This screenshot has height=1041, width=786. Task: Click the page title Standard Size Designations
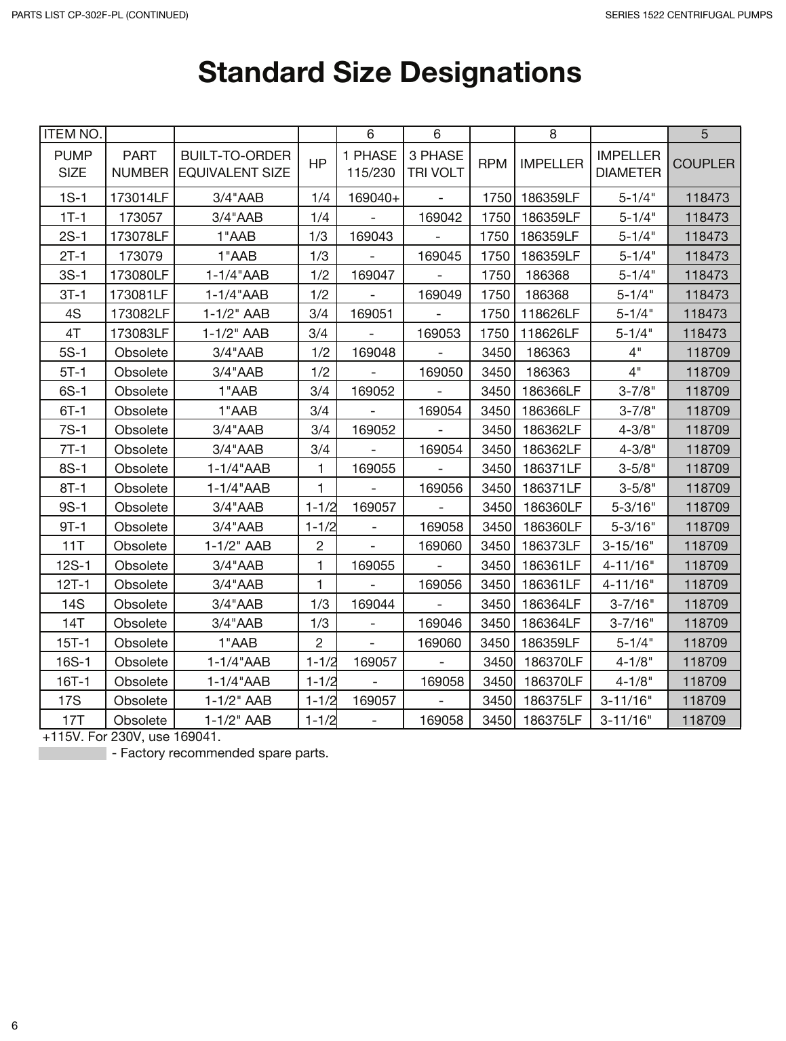coord(389,73)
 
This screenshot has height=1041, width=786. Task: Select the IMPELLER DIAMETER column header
coord(628,164)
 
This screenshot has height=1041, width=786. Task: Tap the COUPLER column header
coord(703,164)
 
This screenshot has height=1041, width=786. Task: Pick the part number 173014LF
coord(140,198)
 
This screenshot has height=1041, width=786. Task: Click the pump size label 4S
coord(73,314)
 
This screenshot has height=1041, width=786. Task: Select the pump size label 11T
coord(73,546)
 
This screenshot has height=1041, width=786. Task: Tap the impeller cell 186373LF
coord(551,546)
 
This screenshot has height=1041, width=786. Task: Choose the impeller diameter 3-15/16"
coord(628,546)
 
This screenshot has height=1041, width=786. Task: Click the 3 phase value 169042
coord(440,218)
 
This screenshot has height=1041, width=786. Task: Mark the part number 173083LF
coord(140,334)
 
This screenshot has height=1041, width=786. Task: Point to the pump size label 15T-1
coord(73,643)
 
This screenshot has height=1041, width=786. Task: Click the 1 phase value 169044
coord(373,605)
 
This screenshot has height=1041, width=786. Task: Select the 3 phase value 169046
coord(440,624)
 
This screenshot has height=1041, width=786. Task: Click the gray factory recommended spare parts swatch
coord(73,753)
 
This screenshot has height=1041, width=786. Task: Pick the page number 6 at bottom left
coord(14,1025)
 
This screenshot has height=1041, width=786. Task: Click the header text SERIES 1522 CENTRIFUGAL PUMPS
coord(688,15)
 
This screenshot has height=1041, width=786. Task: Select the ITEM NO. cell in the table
coord(73,134)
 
